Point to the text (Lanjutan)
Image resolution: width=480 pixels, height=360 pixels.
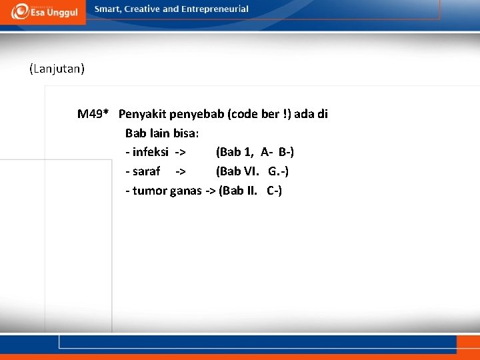click(x=57, y=68)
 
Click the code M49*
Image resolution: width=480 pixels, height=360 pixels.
click(x=93, y=114)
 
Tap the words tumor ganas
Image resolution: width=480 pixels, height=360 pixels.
click(x=167, y=191)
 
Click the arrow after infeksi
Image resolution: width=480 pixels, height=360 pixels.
click(x=180, y=153)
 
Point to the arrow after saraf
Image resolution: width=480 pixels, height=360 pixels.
click(x=180, y=172)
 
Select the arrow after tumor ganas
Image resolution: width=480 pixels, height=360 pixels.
click(x=210, y=191)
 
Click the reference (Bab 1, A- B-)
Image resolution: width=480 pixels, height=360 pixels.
click(x=255, y=153)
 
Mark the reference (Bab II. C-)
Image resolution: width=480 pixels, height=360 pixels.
click(x=250, y=191)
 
